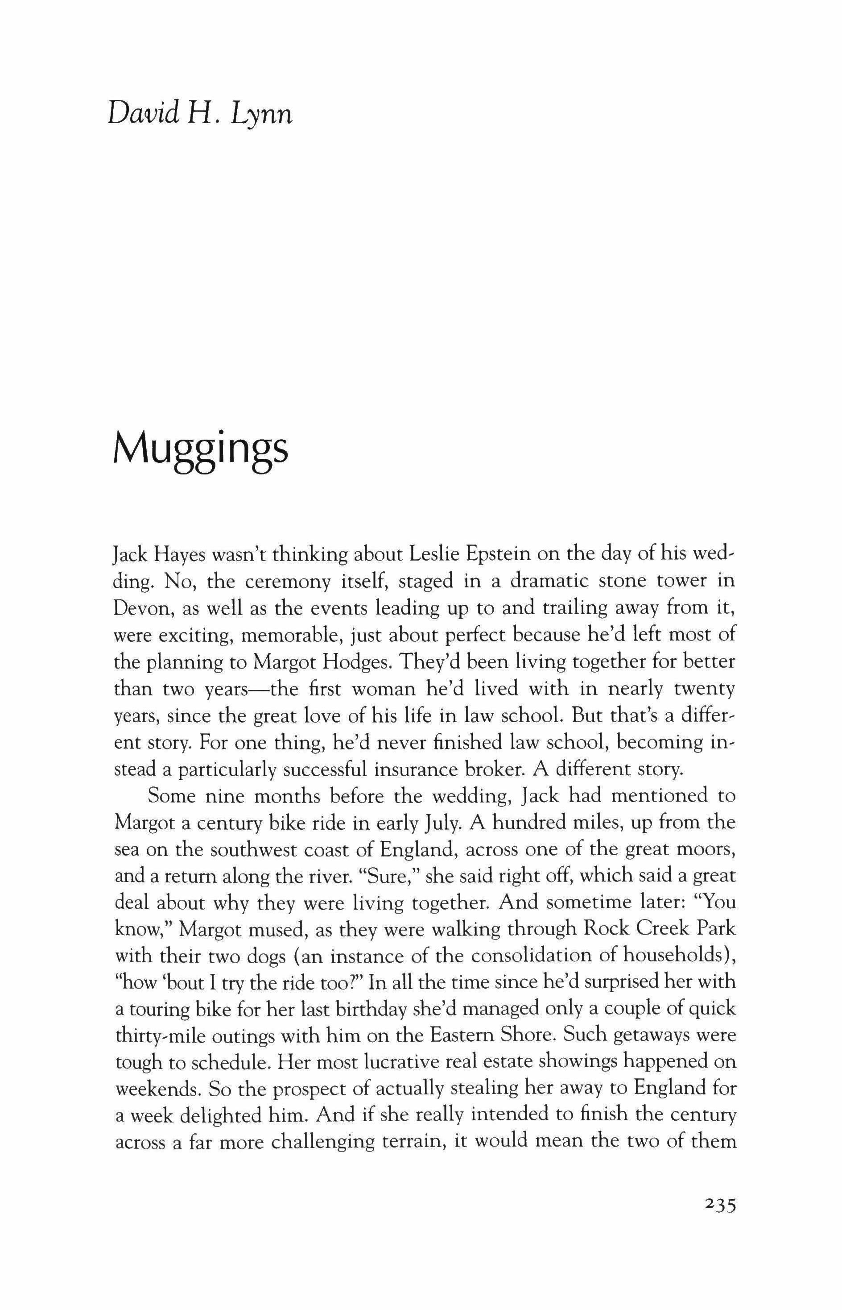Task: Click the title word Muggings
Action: pos(200,451)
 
